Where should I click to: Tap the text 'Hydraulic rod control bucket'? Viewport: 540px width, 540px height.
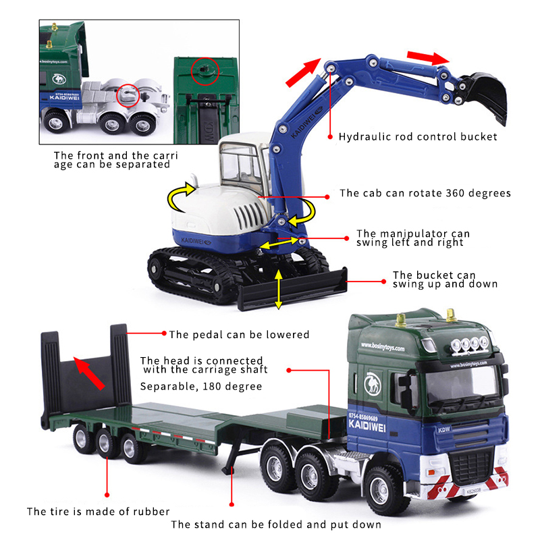click(418, 137)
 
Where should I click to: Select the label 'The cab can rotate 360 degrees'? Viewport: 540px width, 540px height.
click(425, 193)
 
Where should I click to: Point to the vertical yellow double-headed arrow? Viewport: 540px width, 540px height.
click(278, 290)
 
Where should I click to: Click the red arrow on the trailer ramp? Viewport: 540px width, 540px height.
click(89, 374)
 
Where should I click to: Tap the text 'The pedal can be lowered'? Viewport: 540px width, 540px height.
click(239, 334)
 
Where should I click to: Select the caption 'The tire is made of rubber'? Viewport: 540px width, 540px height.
click(98, 512)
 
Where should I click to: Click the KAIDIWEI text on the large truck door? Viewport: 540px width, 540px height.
click(367, 425)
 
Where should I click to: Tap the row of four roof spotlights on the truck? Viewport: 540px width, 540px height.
click(470, 344)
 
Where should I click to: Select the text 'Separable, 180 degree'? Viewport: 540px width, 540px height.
click(201, 386)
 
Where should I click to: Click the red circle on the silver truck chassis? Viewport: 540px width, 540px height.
click(128, 95)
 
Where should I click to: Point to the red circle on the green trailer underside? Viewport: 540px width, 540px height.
click(205, 72)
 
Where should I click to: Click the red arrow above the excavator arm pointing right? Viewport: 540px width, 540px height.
click(428, 57)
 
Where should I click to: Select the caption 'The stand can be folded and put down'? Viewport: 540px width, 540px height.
click(276, 524)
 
